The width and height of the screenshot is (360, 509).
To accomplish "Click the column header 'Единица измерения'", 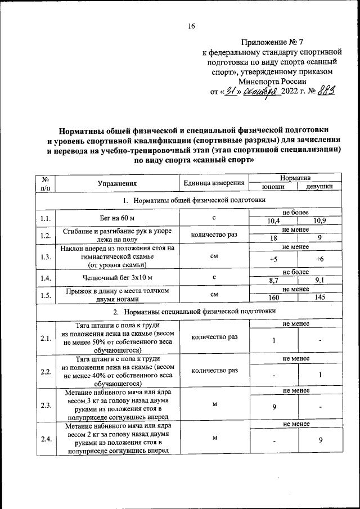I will (214, 183).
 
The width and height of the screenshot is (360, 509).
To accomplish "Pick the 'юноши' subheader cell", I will (273, 187).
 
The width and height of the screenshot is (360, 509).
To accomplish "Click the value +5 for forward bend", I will (273, 259).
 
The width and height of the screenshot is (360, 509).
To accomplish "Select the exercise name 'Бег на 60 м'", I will (116, 217).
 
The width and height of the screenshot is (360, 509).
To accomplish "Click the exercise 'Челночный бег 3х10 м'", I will (116, 277).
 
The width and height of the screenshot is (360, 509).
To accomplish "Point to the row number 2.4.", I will (45, 439).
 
